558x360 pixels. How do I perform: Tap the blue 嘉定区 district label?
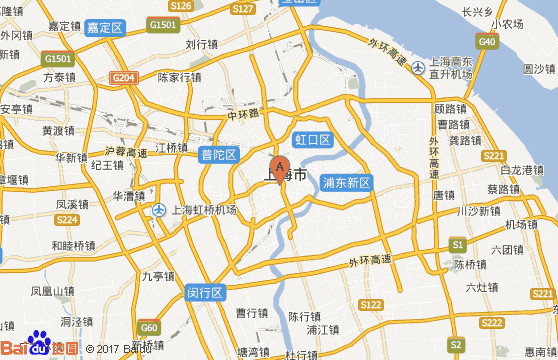click(x=105, y=28)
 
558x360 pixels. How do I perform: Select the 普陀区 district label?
click(x=219, y=154)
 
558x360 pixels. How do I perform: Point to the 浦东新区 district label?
click(x=347, y=184)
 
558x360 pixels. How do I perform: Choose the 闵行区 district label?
click(x=206, y=293)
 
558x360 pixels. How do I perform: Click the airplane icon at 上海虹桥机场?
click(x=161, y=210)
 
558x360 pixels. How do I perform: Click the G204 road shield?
click(x=124, y=77)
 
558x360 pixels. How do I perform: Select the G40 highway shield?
click(x=488, y=41)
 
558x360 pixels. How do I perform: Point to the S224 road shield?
click(x=67, y=219)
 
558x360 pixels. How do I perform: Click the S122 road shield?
click(x=371, y=304)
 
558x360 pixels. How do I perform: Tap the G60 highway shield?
click(x=149, y=327)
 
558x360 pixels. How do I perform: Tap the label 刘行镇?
click(x=201, y=44)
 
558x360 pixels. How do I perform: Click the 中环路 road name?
click(x=243, y=115)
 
